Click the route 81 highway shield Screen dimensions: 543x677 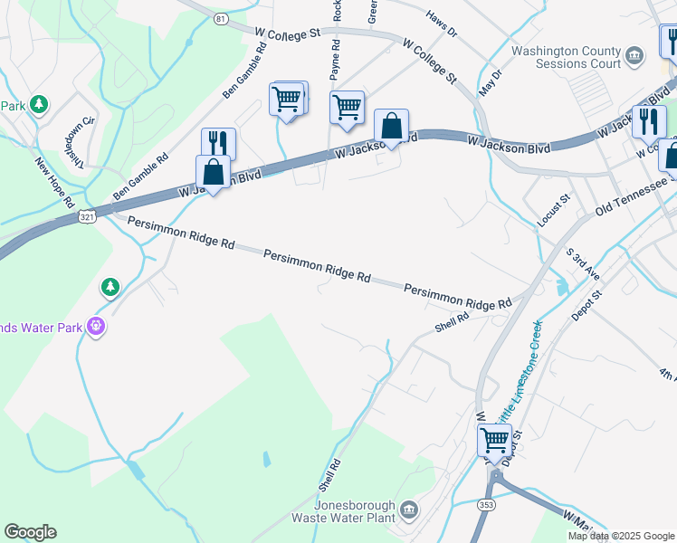222,18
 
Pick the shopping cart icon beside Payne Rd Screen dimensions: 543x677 347,108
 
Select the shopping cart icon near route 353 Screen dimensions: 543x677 494,441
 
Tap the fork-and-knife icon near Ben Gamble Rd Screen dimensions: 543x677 218,143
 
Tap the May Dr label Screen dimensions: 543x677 490,83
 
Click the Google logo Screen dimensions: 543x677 30,532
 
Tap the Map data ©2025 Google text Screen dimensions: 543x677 622,536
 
